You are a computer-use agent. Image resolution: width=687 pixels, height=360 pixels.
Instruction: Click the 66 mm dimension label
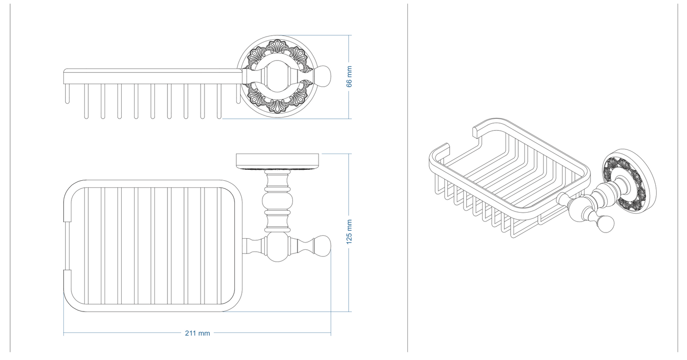click(x=349, y=77)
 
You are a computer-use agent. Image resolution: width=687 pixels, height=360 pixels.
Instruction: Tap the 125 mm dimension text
click(x=349, y=232)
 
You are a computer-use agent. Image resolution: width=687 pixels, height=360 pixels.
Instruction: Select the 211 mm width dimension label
click(x=197, y=333)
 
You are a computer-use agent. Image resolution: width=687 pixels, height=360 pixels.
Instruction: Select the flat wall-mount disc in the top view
click(x=279, y=161)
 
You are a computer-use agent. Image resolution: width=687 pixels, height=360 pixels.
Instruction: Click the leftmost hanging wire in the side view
click(x=68, y=94)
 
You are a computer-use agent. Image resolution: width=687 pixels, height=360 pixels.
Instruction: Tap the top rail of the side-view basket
click(x=152, y=71)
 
